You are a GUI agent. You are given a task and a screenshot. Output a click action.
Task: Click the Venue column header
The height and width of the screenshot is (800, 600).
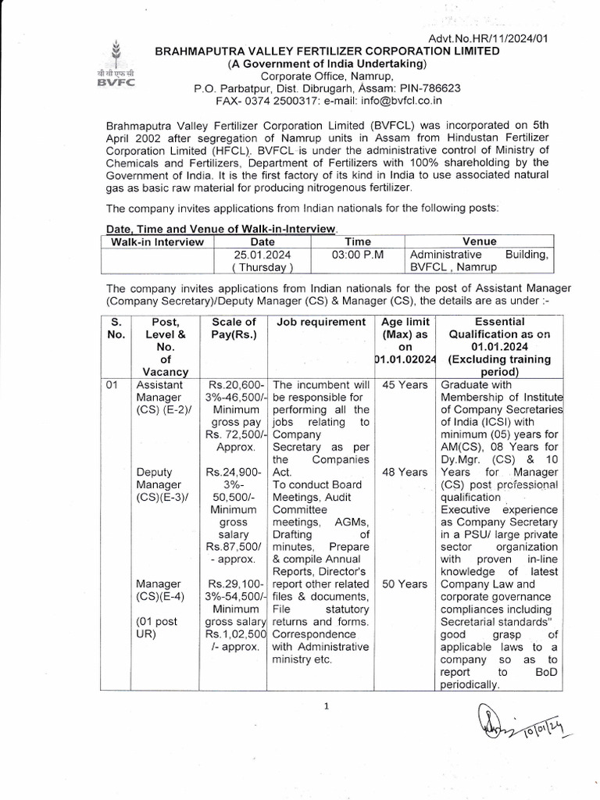click(479, 241)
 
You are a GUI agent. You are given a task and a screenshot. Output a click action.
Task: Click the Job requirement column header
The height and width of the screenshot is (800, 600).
click(320, 322)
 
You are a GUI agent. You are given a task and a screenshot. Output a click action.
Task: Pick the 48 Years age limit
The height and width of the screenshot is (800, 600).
click(405, 472)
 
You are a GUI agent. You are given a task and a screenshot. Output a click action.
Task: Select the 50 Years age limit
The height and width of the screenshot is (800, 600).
click(405, 583)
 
